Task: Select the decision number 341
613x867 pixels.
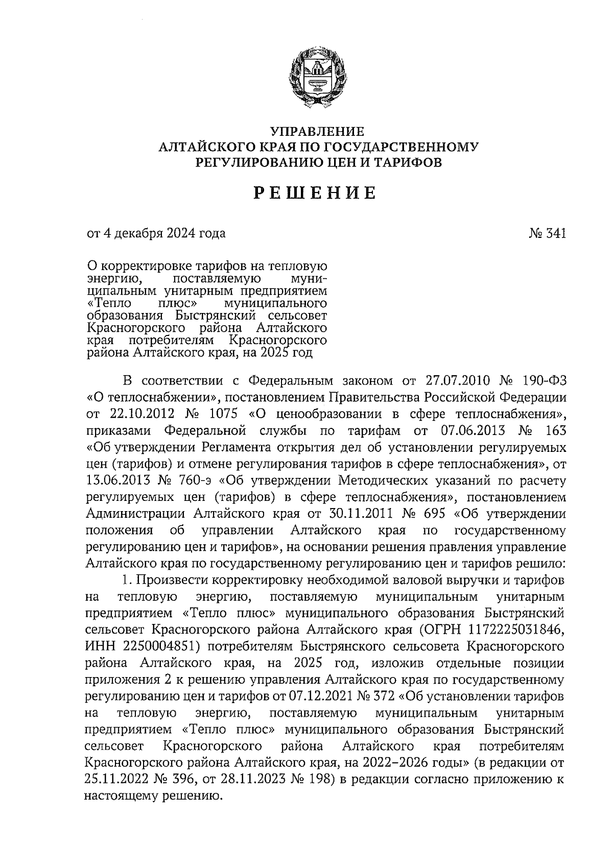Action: coord(556,234)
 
